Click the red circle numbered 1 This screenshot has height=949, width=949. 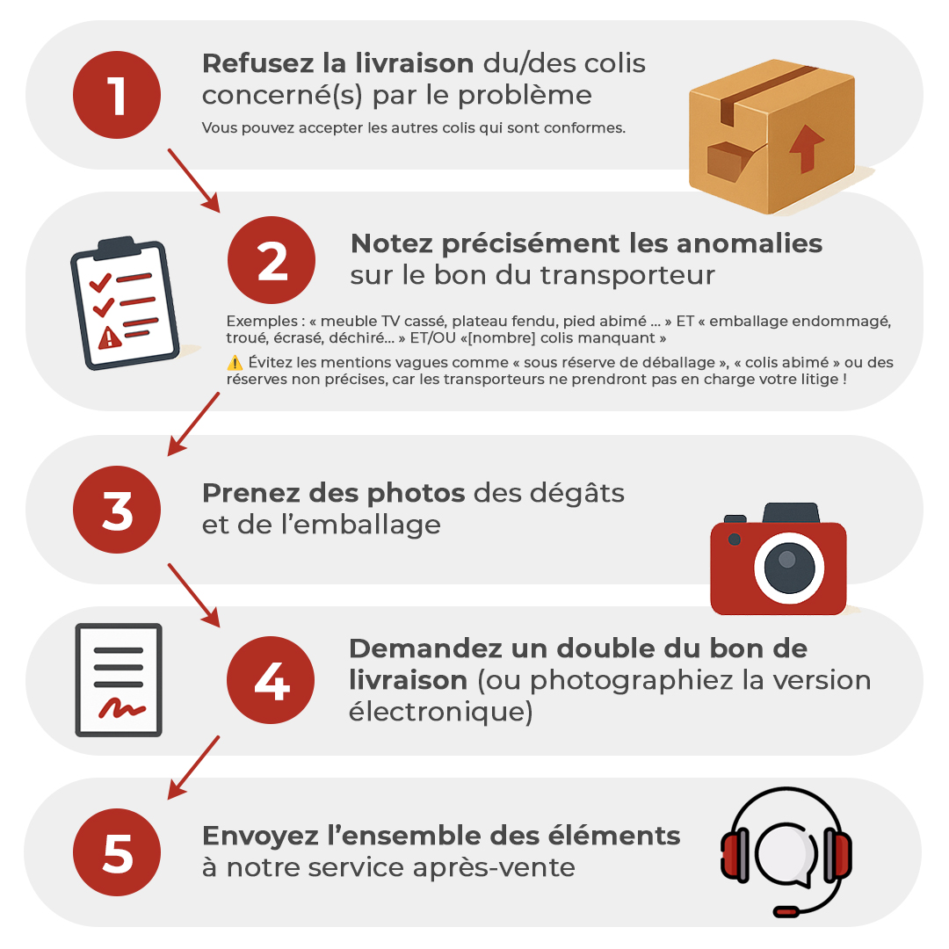[117, 95]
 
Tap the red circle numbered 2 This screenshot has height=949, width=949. [272, 260]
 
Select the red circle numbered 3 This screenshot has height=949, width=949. [117, 511]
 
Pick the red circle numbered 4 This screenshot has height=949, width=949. [271, 681]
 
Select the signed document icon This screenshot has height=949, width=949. [119, 679]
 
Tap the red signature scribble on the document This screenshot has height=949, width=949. [120, 707]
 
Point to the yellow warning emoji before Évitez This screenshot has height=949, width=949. [235, 363]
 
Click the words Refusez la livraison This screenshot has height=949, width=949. [337, 63]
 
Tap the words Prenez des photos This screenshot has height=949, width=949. [333, 493]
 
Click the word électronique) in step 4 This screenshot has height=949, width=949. [440, 713]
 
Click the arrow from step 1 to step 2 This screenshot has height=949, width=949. [193, 180]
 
